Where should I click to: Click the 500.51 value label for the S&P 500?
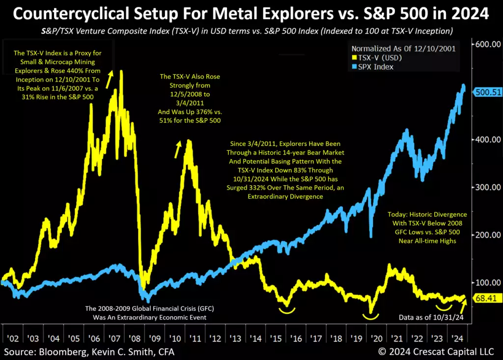487,92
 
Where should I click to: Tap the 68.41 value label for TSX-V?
484,298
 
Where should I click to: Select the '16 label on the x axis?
296,339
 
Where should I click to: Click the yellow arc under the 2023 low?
445,307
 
